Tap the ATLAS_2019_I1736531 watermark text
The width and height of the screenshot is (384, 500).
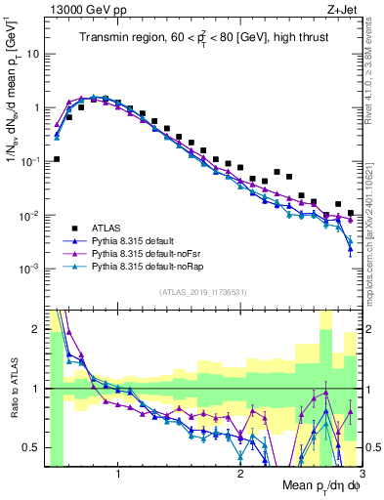coord(203,292)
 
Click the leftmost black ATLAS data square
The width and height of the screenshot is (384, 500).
coord(57,158)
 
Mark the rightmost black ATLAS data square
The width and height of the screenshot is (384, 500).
coord(350,213)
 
